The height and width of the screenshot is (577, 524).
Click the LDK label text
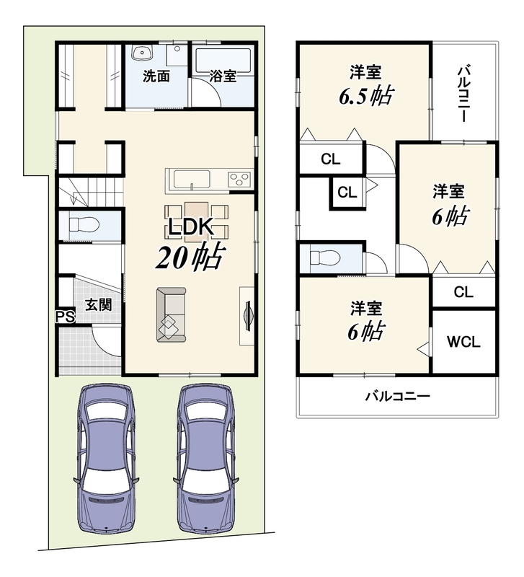pos(191,226)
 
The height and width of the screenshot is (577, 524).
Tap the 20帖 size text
pos(190,257)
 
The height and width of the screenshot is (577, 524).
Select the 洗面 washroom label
pos(156,76)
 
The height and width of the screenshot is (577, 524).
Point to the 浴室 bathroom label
pos(223,76)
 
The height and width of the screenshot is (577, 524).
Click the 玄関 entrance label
pos(99,305)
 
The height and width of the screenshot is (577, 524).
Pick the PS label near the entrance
pos(65,317)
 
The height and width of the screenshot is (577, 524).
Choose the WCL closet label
pos(463,342)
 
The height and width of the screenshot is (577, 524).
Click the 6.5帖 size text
pos(366,96)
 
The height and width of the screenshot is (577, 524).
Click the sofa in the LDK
pos(172,315)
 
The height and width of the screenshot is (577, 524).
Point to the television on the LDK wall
pos(248,315)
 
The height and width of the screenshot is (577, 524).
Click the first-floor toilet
pos(84,224)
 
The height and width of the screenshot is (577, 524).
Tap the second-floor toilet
pos(324,257)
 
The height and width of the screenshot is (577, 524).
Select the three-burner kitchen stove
pos(240,180)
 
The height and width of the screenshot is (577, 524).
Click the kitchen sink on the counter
pos(192,180)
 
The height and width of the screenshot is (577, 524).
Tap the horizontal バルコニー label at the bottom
pos(397,397)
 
